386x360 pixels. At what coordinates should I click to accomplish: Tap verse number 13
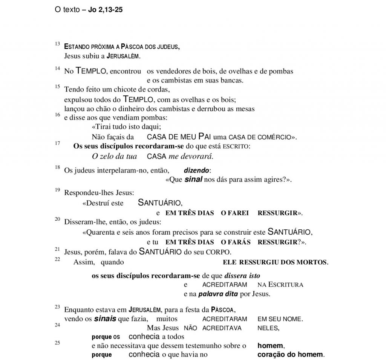57,44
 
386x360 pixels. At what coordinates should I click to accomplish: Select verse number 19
57,189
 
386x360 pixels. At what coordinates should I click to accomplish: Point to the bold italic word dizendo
196,170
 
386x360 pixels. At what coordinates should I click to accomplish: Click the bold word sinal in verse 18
193,179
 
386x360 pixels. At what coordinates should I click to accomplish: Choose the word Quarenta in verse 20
100,232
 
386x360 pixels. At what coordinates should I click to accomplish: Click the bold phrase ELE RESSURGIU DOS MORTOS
275,262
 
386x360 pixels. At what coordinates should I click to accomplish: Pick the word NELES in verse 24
268,328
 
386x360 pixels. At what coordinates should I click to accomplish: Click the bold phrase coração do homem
290,354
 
